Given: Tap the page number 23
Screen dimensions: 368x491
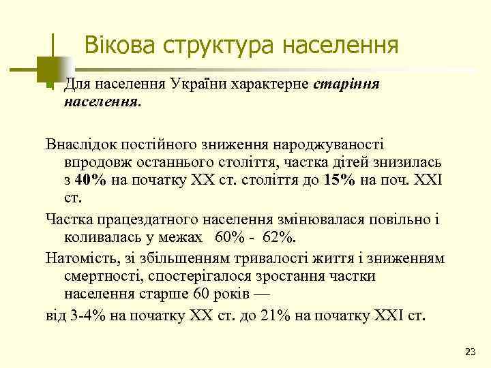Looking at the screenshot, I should point(469,351).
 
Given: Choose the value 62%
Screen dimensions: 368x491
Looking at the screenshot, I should point(280,239).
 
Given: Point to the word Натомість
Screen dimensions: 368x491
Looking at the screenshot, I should point(81,258).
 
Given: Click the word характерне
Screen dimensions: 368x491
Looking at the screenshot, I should point(277,85).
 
